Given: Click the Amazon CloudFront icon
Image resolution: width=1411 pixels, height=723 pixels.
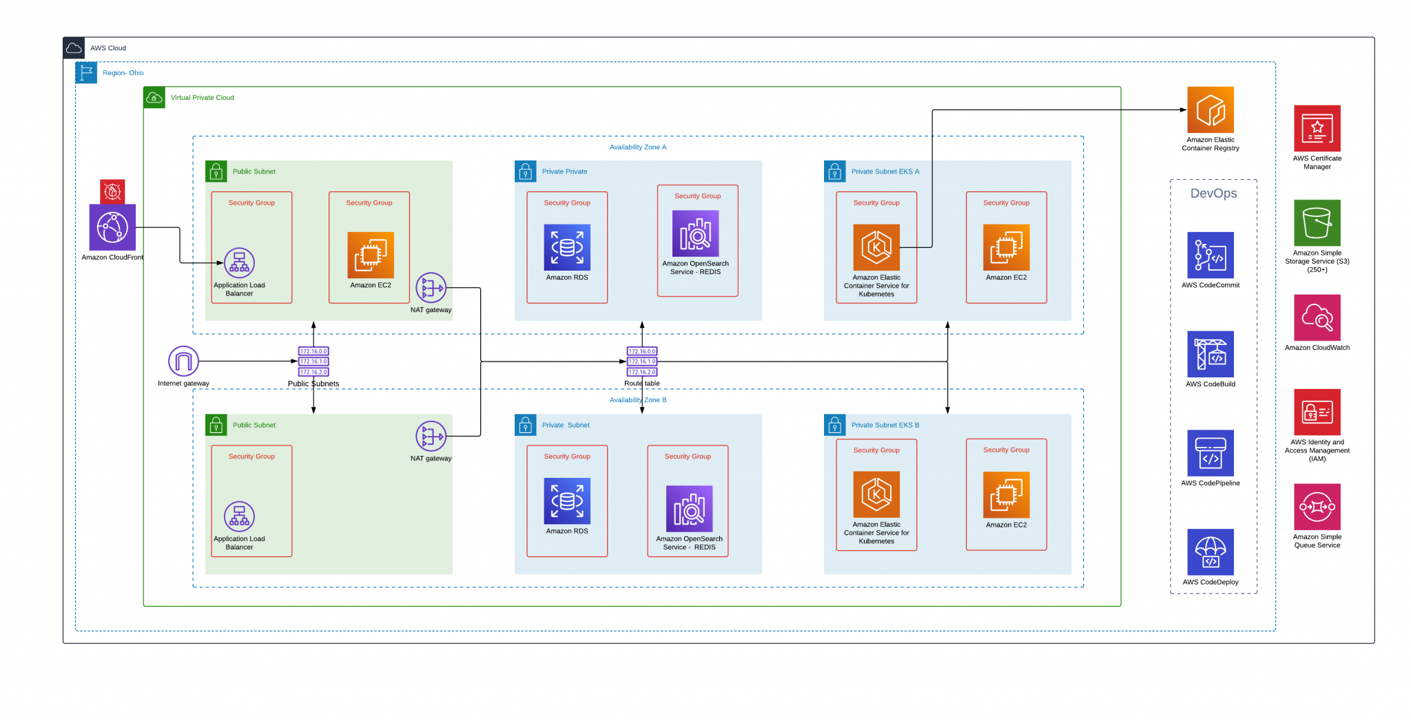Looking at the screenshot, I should pyautogui.click(x=112, y=227).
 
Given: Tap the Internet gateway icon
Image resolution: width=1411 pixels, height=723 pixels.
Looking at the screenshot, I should pyautogui.click(x=183, y=361).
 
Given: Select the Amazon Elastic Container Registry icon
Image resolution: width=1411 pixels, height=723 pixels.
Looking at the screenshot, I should pyautogui.click(x=1210, y=110).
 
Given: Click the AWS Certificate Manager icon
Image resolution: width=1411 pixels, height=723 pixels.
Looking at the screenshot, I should pyautogui.click(x=1317, y=129).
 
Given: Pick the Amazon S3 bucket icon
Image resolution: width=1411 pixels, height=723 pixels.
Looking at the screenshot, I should pyautogui.click(x=1317, y=223).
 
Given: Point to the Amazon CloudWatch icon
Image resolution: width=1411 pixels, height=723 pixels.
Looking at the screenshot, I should pyautogui.click(x=1317, y=317).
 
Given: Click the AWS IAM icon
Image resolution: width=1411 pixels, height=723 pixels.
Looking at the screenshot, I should pyautogui.click(x=1317, y=412).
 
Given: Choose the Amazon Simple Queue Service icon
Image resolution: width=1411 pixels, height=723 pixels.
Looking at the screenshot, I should pyautogui.click(x=1317, y=507).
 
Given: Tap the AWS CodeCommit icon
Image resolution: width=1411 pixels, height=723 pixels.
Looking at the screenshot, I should pyautogui.click(x=1210, y=255).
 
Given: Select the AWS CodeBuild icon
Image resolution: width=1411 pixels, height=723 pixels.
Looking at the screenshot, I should pyautogui.click(x=1210, y=355).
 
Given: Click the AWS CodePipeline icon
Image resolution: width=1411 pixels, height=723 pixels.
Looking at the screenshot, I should pyautogui.click(x=1210, y=453).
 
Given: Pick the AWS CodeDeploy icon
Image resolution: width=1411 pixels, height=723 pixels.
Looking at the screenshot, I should pyautogui.click(x=1210, y=552).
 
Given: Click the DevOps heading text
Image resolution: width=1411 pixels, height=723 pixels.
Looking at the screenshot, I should pyautogui.click(x=1213, y=193).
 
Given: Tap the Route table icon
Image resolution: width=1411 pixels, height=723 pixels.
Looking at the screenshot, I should pyautogui.click(x=642, y=361).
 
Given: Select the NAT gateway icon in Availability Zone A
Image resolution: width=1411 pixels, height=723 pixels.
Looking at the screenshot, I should pyautogui.click(x=431, y=288).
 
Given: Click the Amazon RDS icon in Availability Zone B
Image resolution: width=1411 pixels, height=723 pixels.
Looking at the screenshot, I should pyautogui.click(x=567, y=501).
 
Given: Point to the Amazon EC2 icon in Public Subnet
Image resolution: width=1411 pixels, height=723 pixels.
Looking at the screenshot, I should pyautogui.click(x=371, y=255).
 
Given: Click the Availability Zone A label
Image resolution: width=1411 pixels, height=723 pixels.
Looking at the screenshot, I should pyautogui.click(x=637, y=147).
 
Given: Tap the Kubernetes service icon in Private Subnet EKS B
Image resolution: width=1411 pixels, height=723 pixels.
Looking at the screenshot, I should pyautogui.click(x=876, y=494).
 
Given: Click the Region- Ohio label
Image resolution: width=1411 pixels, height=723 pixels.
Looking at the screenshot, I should pyautogui.click(x=123, y=73).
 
